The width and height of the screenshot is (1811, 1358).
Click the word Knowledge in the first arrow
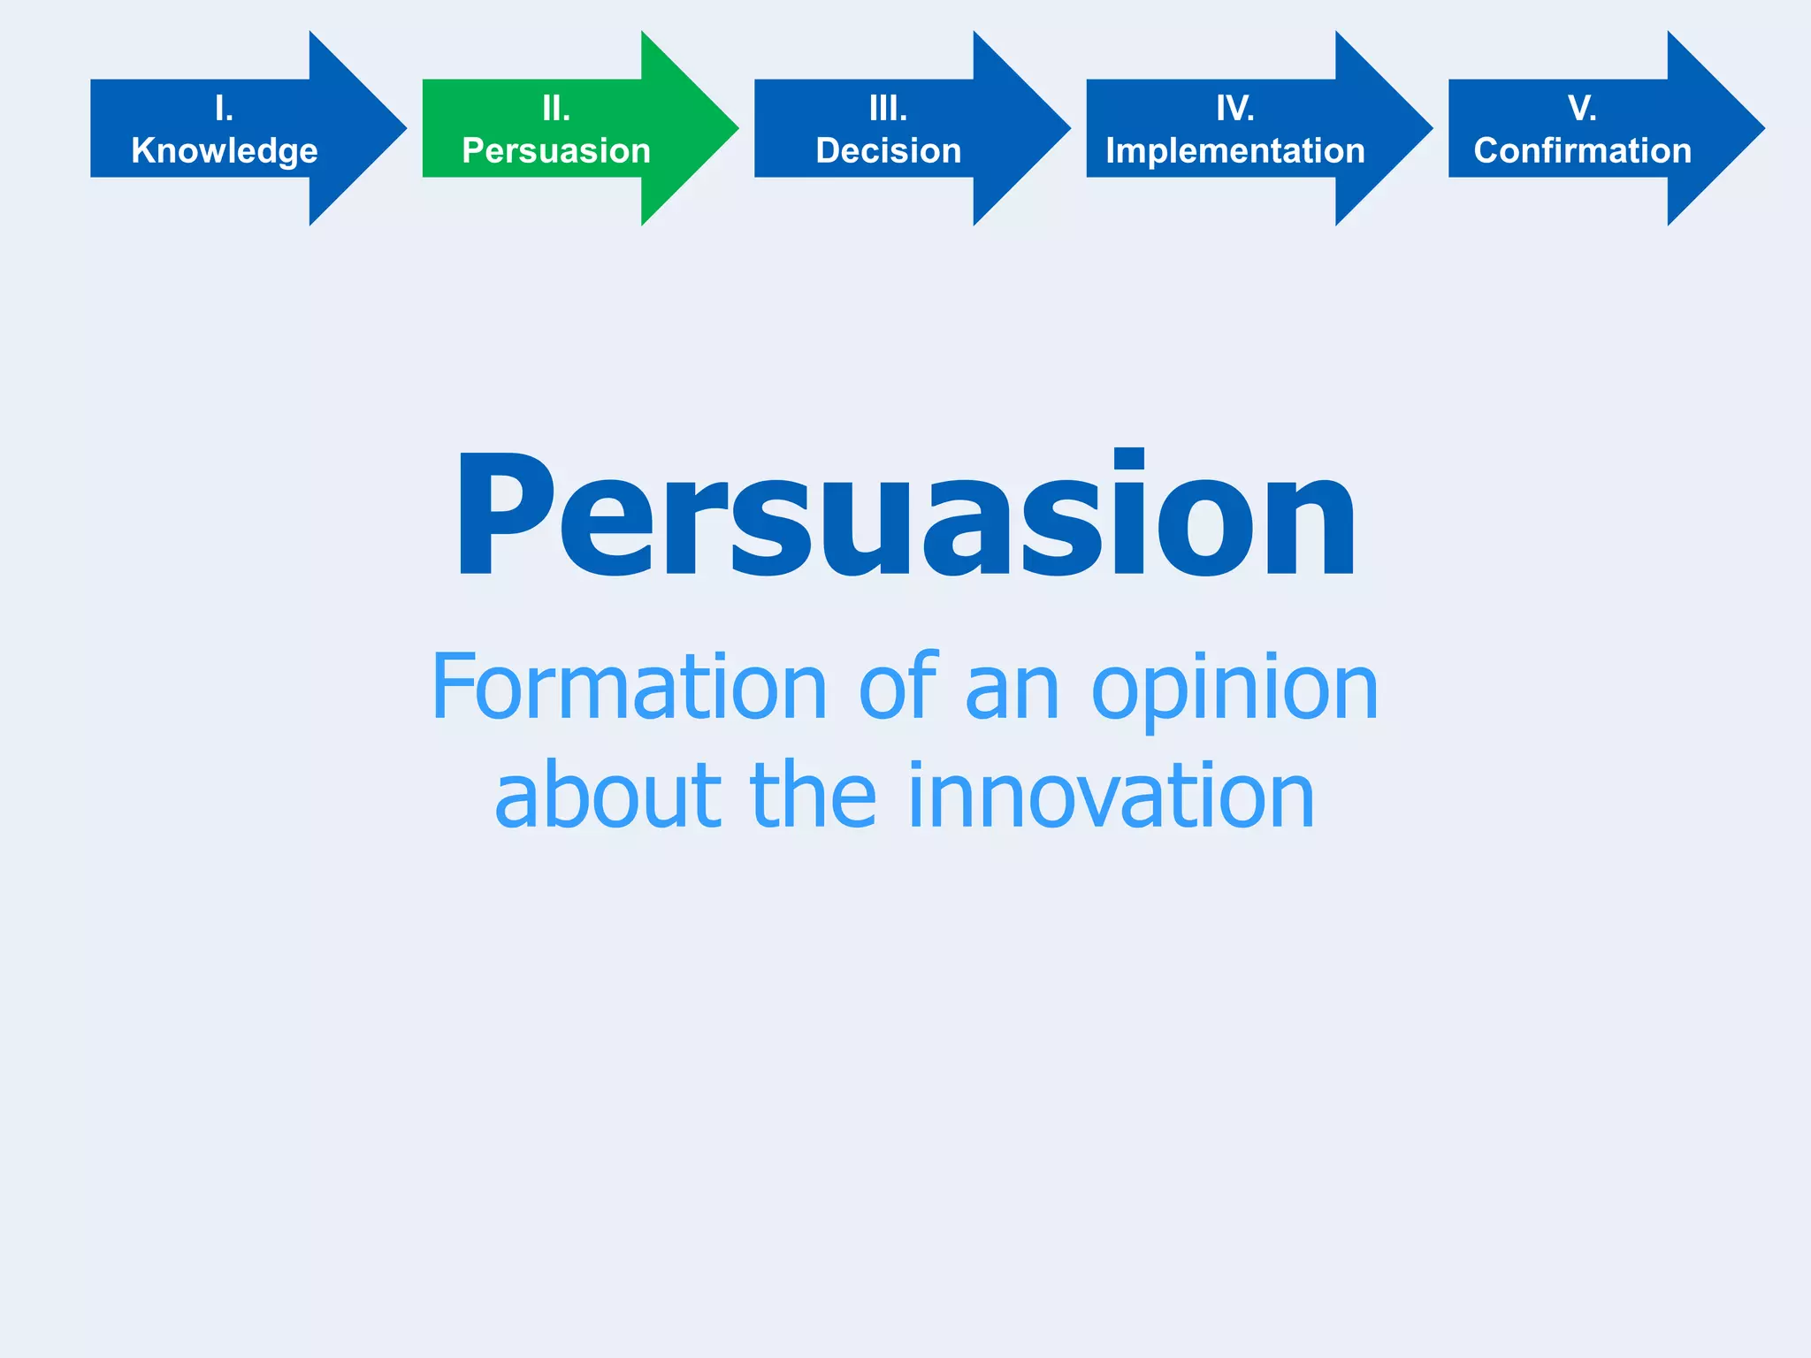click(225, 151)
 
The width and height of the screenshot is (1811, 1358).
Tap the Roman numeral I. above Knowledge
click(225, 109)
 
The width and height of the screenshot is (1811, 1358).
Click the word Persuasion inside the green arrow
click(556, 151)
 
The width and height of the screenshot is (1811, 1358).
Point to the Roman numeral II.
click(556, 109)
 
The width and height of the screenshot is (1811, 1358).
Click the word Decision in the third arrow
click(889, 151)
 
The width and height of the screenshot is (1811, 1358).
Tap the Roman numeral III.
click(889, 109)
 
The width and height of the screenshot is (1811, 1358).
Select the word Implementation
click(1235, 151)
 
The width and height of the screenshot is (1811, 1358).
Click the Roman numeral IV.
click(1235, 109)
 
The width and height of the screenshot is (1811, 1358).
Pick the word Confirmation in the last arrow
click(1583, 151)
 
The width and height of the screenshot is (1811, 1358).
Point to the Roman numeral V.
click(1582, 109)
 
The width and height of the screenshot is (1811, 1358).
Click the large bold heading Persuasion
click(905, 517)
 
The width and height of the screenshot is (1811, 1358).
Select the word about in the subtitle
click(608, 796)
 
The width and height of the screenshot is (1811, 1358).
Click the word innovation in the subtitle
click(1112, 796)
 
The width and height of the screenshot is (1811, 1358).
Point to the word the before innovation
click(814, 796)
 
